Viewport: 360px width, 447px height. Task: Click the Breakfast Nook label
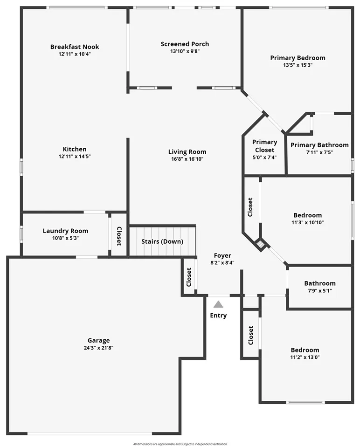[x=75, y=47]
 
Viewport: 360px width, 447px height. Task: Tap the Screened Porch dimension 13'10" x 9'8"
[x=185, y=51]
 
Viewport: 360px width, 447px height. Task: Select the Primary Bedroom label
[x=298, y=58]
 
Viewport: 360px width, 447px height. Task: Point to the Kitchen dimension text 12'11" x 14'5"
[x=75, y=157]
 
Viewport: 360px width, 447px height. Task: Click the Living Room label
[x=187, y=151]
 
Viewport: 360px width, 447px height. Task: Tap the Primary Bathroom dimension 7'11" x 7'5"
[x=319, y=152]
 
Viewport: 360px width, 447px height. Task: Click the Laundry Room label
[x=65, y=231]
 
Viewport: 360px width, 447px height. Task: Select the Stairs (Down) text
[x=162, y=241]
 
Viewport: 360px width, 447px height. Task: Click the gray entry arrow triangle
[x=218, y=304]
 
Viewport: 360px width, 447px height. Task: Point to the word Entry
[x=218, y=316]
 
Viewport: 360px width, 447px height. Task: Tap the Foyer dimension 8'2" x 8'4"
[x=222, y=262]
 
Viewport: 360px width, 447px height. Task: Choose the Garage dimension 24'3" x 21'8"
[x=98, y=348]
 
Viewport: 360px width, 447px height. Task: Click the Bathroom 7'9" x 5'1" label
[x=320, y=283]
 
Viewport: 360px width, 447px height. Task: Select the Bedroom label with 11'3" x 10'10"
[x=307, y=215]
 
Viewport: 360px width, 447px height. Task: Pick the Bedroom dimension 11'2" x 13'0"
[x=305, y=358]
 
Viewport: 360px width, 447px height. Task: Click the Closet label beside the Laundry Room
[x=119, y=236]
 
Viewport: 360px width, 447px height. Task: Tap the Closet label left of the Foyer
[x=189, y=277]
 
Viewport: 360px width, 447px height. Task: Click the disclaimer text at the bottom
[x=180, y=444]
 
